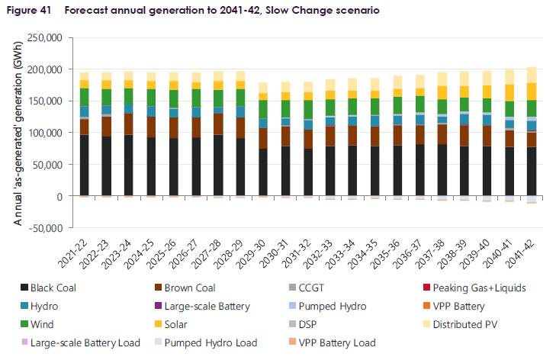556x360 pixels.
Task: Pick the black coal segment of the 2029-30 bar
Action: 262,172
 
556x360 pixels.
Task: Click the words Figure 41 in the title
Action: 33,10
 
